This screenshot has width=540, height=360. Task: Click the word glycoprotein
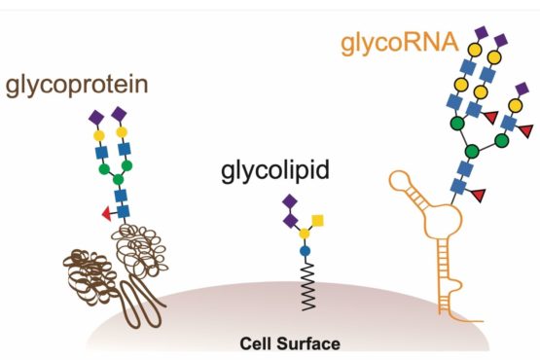point(77,86)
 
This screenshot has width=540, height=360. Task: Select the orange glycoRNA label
point(402,43)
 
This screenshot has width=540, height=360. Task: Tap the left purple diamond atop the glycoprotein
point(96,116)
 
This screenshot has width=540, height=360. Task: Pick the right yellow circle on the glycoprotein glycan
point(124,132)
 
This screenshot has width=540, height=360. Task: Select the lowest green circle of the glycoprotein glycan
point(119,181)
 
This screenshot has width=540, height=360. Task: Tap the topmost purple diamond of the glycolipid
point(289,201)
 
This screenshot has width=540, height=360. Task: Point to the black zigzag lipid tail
point(305,288)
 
